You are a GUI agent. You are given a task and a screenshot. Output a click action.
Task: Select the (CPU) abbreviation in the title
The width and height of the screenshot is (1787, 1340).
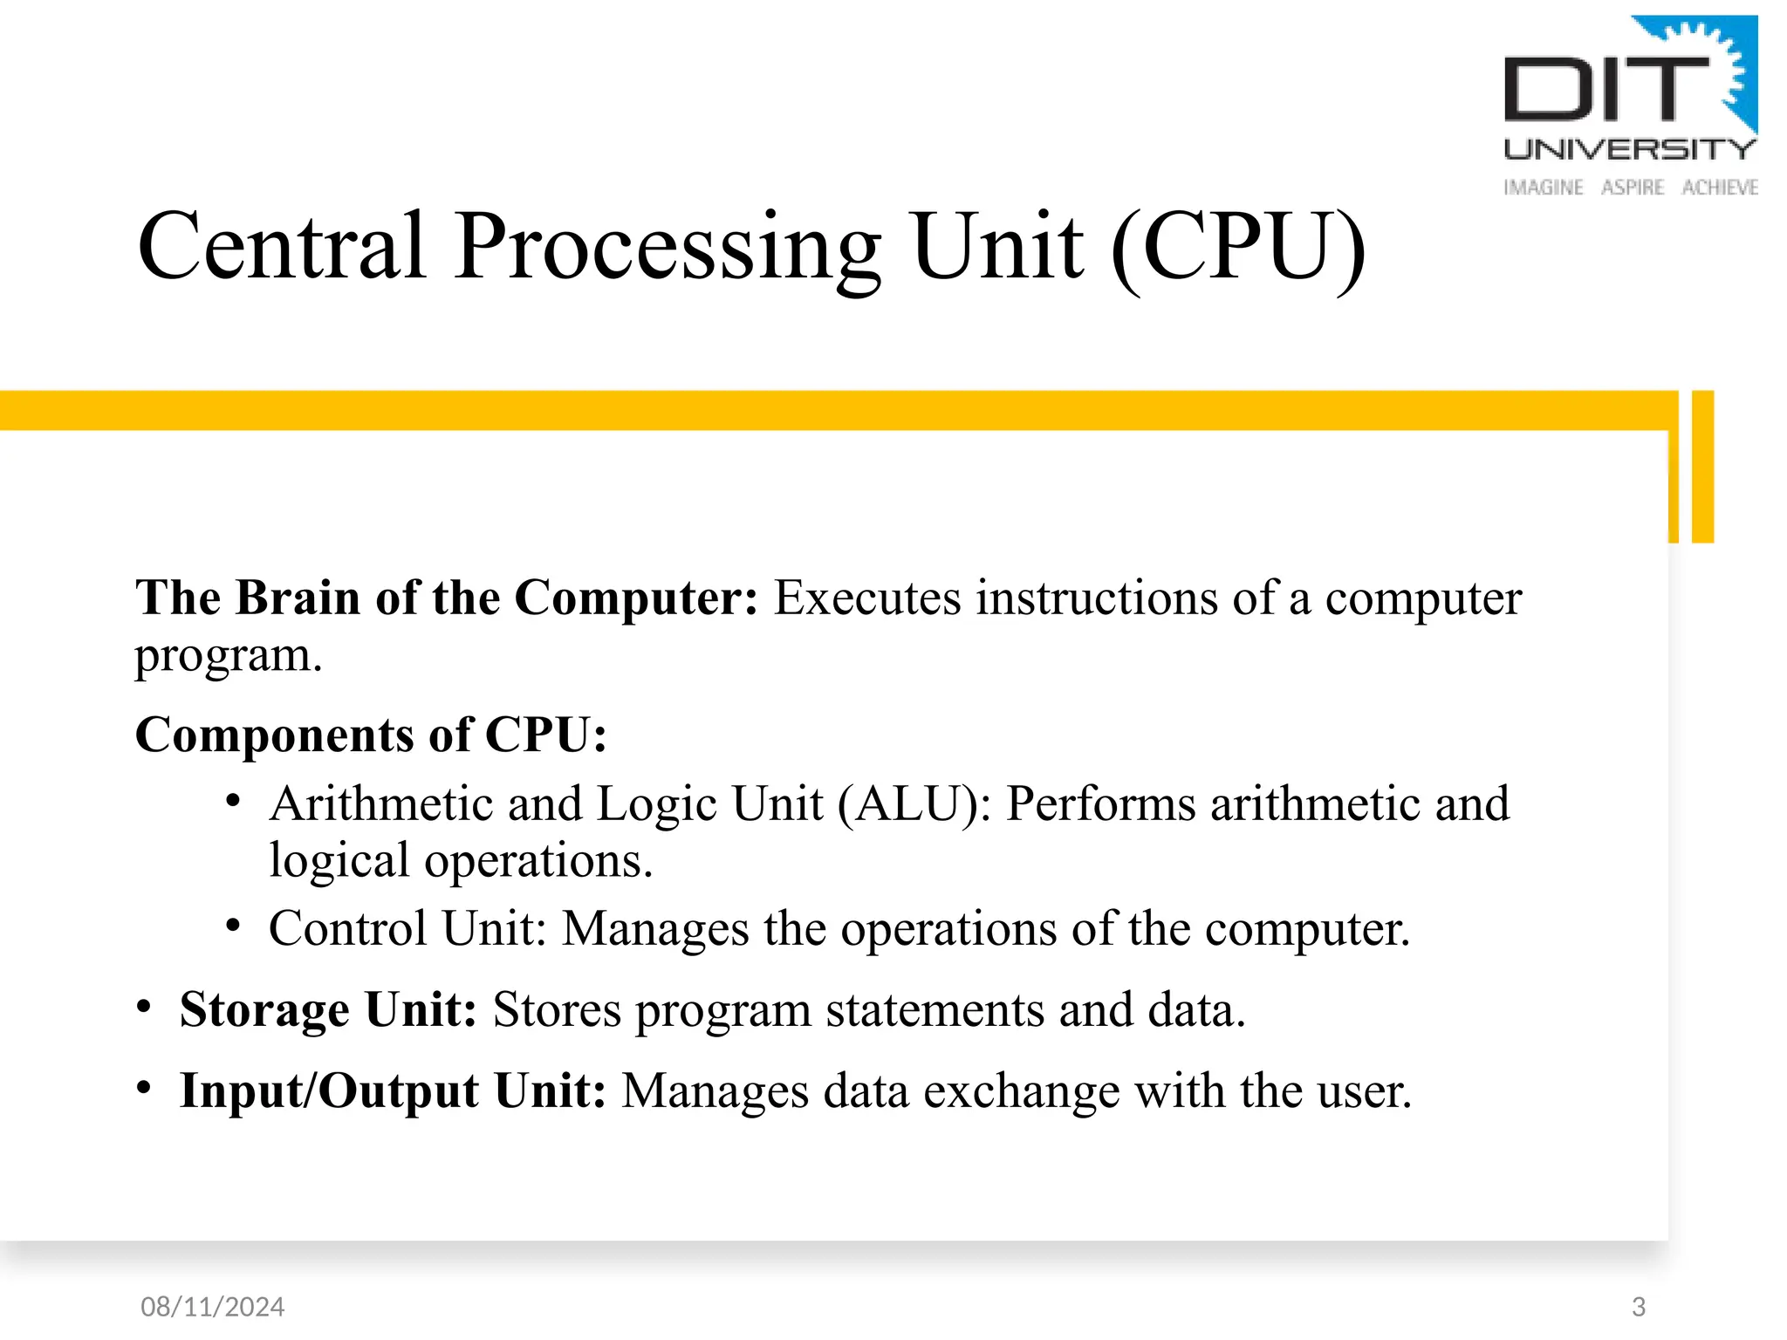[x=1238, y=249]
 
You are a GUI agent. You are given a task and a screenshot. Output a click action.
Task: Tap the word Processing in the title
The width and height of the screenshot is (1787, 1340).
[x=668, y=249]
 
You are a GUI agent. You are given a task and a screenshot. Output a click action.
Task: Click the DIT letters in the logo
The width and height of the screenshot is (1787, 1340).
[x=1606, y=89]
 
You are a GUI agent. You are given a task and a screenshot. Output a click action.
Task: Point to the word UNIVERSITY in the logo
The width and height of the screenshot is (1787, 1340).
[x=1629, y=149]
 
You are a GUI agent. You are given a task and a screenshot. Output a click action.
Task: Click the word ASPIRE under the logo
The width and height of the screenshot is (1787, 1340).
[x=1632, y=188]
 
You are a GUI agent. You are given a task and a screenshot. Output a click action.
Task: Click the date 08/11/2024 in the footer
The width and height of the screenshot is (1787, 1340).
[x=212, y=1306]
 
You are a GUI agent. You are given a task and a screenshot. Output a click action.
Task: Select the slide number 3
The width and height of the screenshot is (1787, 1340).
[x=1638, y=1306]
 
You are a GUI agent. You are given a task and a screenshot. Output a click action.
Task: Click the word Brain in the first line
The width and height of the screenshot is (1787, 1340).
[x=298, y=598]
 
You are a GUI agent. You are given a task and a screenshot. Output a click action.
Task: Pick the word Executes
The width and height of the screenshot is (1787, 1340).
[x=867, y=598]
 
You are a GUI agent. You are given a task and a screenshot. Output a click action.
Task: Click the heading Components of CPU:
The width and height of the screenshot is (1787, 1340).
[x=371, y=735]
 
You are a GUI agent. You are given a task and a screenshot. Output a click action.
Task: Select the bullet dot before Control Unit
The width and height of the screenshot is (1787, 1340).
[x=232, y=926]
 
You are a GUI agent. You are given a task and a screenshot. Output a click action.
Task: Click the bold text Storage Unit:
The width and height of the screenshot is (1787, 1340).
[x=328, y=1010]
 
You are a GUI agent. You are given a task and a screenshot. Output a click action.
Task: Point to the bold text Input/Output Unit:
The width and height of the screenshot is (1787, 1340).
[x=393, y=1091]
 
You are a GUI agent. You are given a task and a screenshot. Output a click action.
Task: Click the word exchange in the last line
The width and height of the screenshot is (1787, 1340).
[x=1020, y=1091]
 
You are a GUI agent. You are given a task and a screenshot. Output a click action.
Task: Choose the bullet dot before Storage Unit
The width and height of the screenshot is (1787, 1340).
[x=144, y=1008]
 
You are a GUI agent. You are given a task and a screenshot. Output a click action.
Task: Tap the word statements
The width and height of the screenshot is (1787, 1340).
[x=935, y=1010]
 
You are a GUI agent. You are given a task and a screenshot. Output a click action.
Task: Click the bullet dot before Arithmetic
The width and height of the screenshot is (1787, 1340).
[x=232, y=801]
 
